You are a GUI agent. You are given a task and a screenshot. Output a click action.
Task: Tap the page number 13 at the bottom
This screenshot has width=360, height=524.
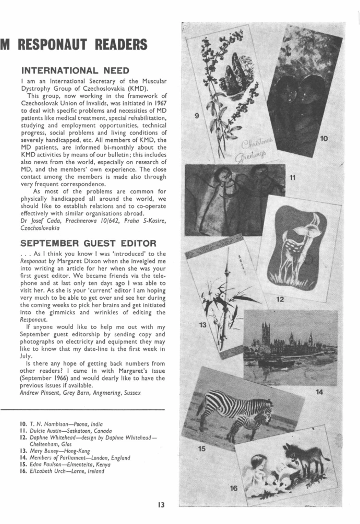coord(162,504)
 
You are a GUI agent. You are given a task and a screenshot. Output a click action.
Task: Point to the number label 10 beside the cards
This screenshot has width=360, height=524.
coord(324,138)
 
